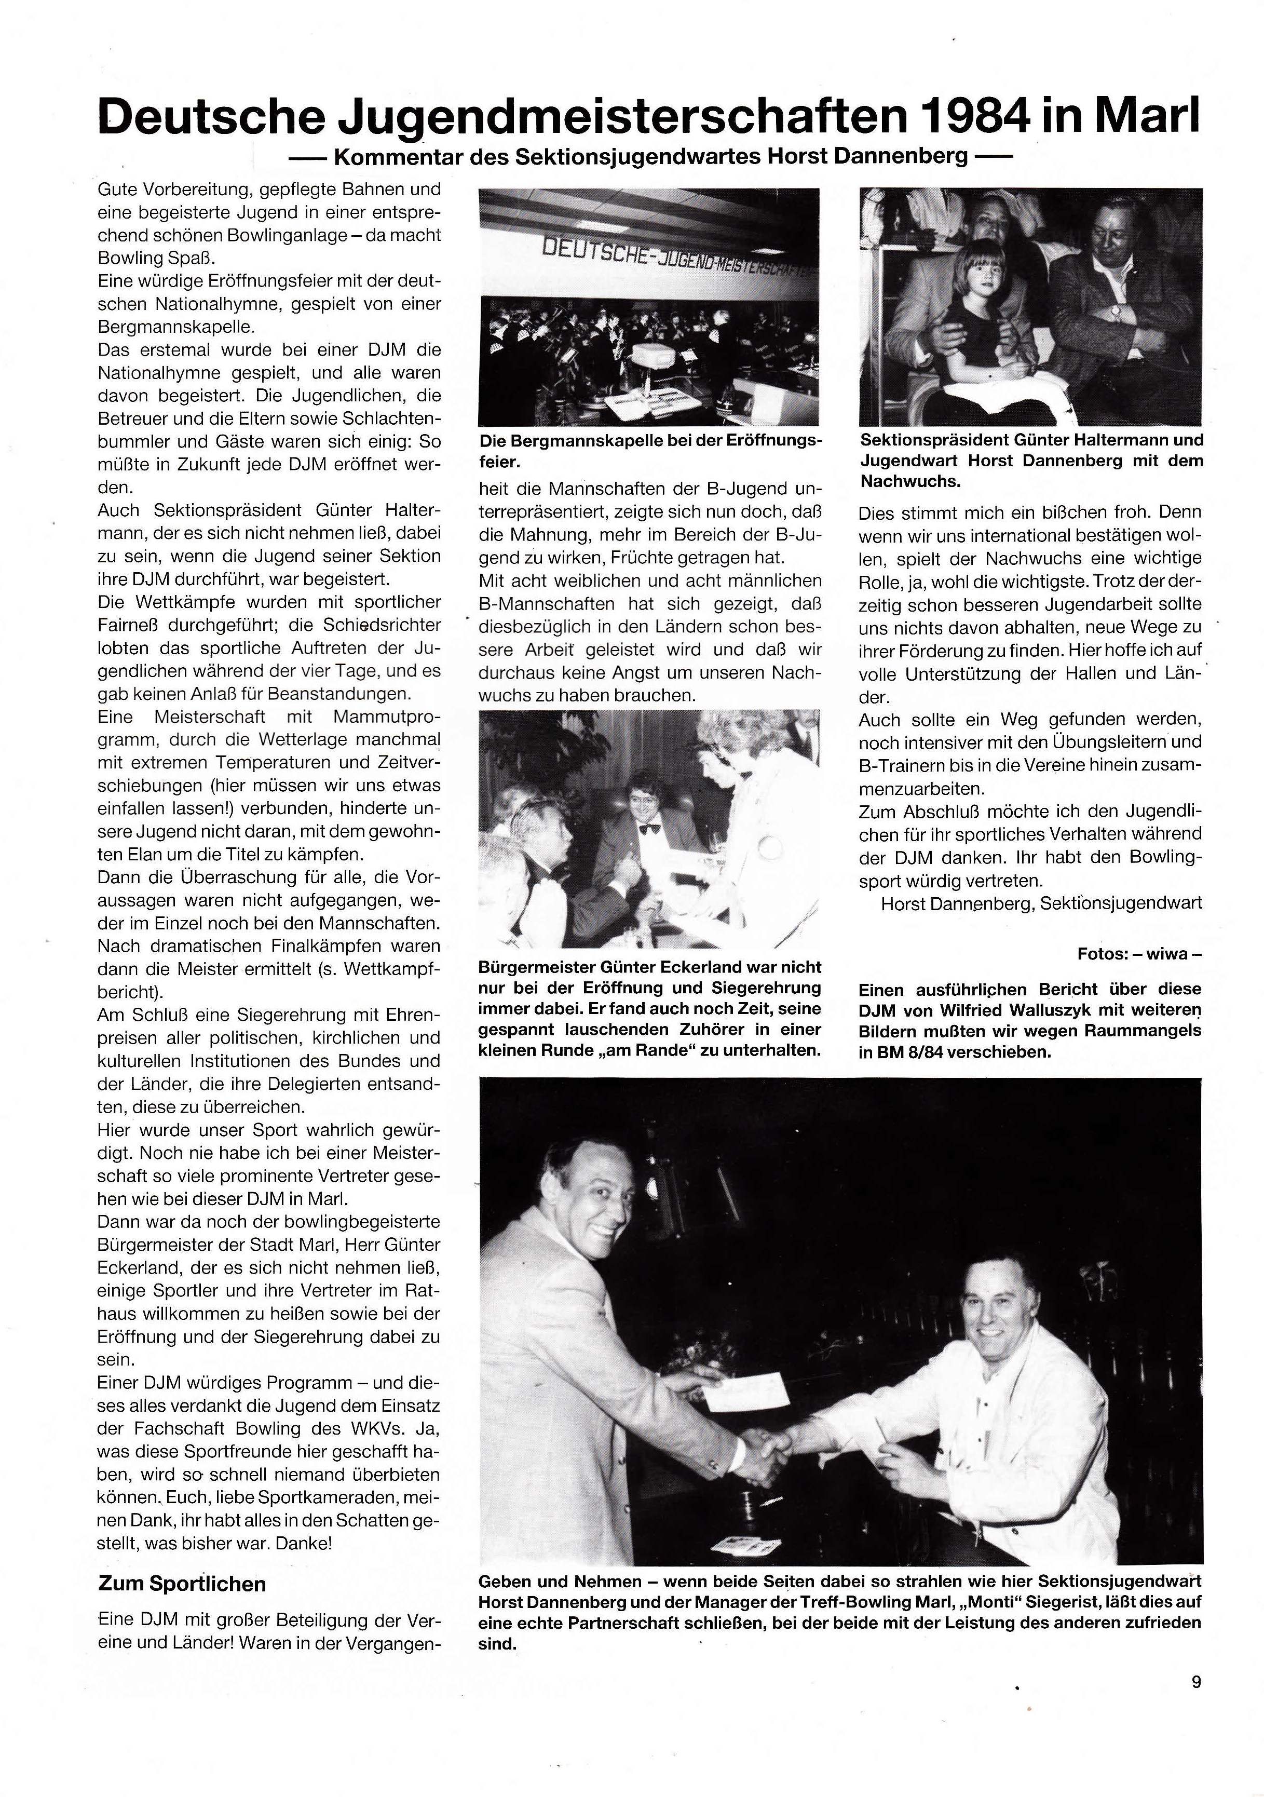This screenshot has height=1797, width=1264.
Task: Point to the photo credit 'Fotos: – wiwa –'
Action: [1139, 954]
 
